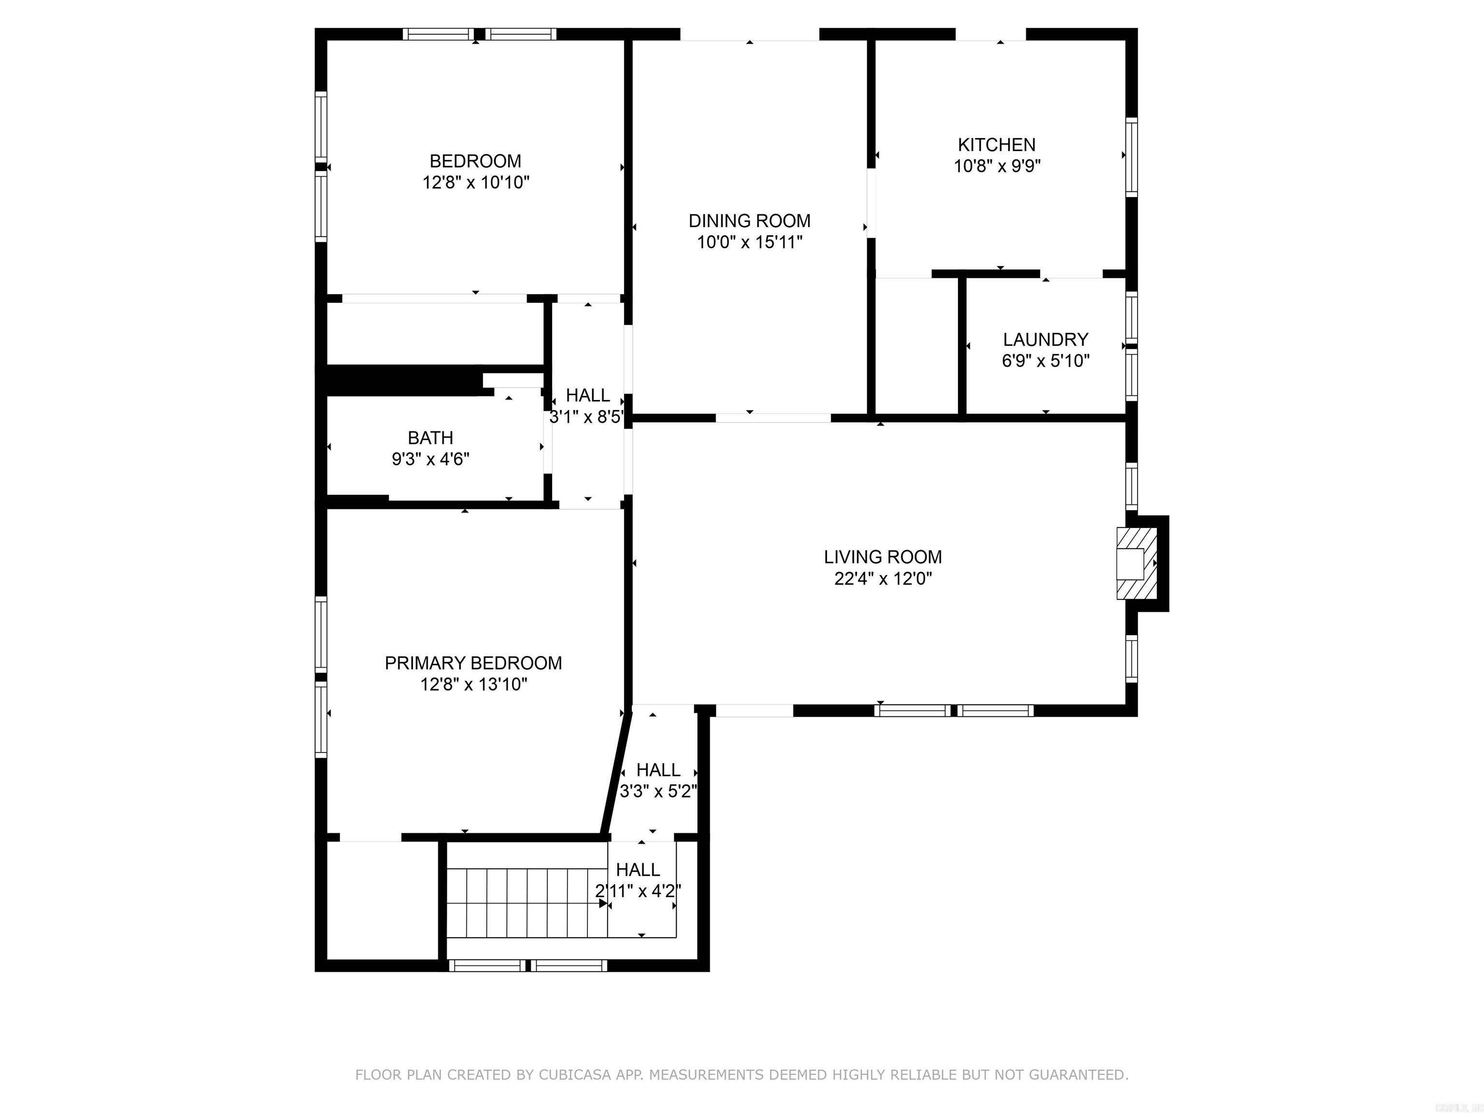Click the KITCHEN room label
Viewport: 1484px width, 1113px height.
pyautogui.click(x=996, y=144)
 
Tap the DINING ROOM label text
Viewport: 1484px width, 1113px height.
pyautogui.click(x=749, y=221)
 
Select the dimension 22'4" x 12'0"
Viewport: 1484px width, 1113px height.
pyautogui.click(x=883, y=578)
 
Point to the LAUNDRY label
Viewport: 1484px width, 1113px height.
pyautogui.click(x=1045, y=340)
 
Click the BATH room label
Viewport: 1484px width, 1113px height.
pyautogui.click(x=430, y=438)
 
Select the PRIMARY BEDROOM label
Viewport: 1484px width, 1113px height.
pyautogui.click(x=473, y=663)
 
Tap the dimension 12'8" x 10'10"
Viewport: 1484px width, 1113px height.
pyautogui.click(x=476, y=183)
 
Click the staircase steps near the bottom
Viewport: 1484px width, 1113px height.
pyautogui.click(x=527, y=902)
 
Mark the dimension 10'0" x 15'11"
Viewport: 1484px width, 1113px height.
pyautogui.click(x=749, y=242)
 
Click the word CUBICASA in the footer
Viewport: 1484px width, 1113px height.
pyautogui.click(x=574, y=1075)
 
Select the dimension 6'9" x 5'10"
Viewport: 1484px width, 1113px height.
pyautogui.click(x=1045, y=361)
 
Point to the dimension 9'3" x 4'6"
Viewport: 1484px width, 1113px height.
pyautogui.click(x=430, y=459)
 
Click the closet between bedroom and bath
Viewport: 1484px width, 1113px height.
pyautogui.click(x=435, y=333)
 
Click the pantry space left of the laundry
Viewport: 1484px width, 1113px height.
pyautogui.click(x=916, y=345)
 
